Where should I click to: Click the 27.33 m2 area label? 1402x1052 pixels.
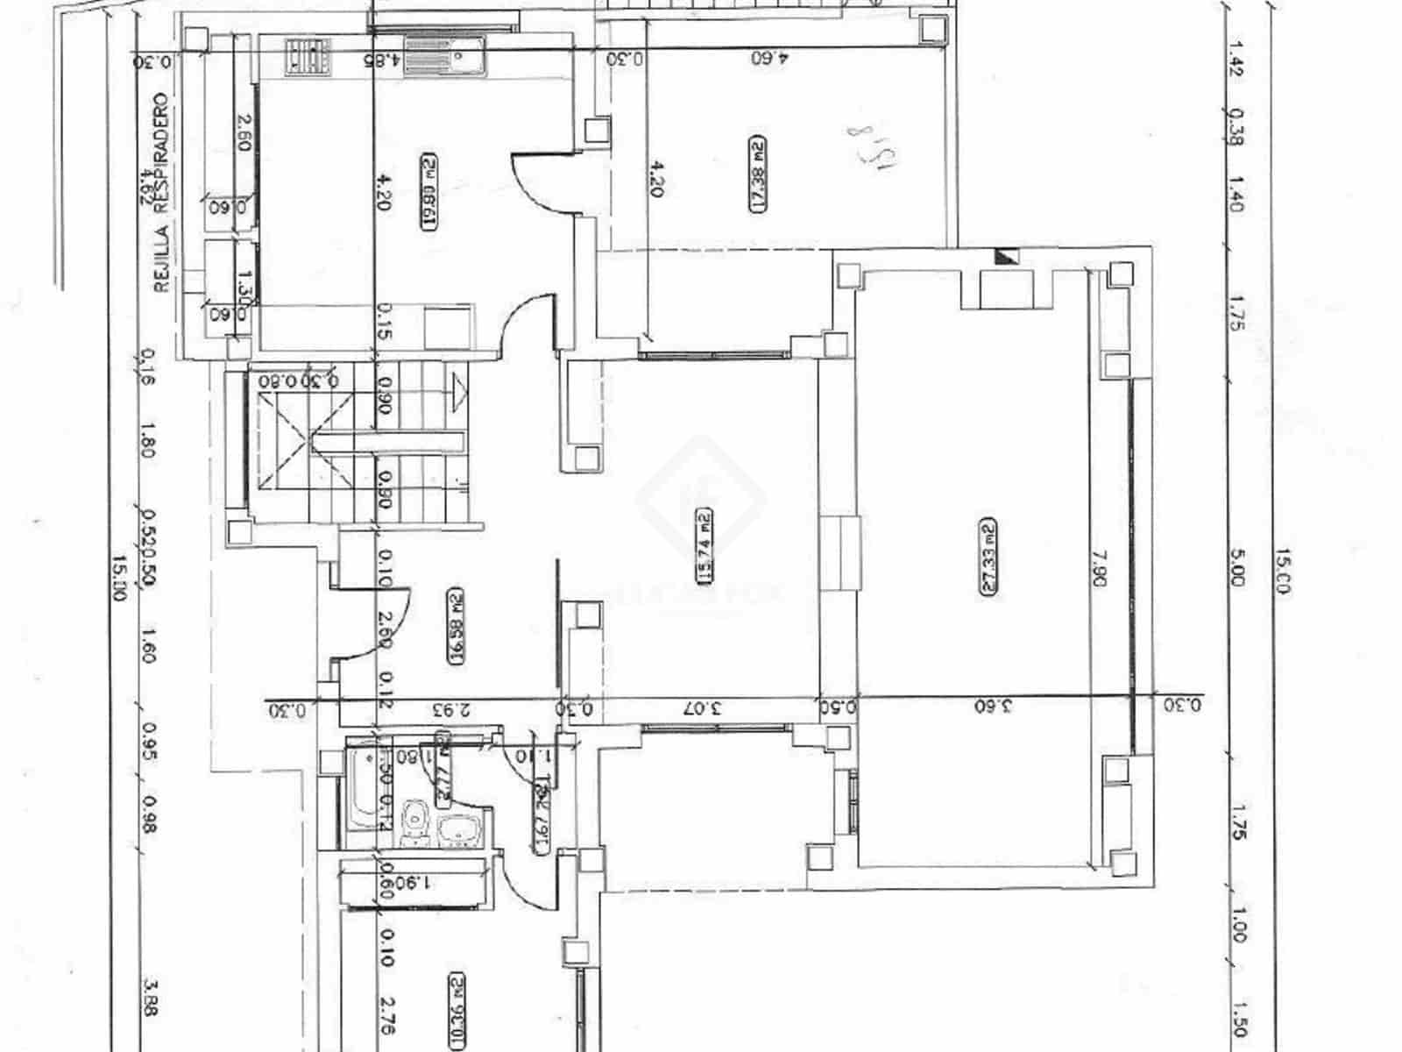[x=988, y=558]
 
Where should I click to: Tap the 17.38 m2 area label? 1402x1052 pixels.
[x=757, y=174]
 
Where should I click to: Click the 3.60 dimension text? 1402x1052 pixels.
[x=993, y=706]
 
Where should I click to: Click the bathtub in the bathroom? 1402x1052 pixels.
[x=364, y=786]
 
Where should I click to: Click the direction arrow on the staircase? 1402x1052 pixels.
[x=458, y=390]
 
